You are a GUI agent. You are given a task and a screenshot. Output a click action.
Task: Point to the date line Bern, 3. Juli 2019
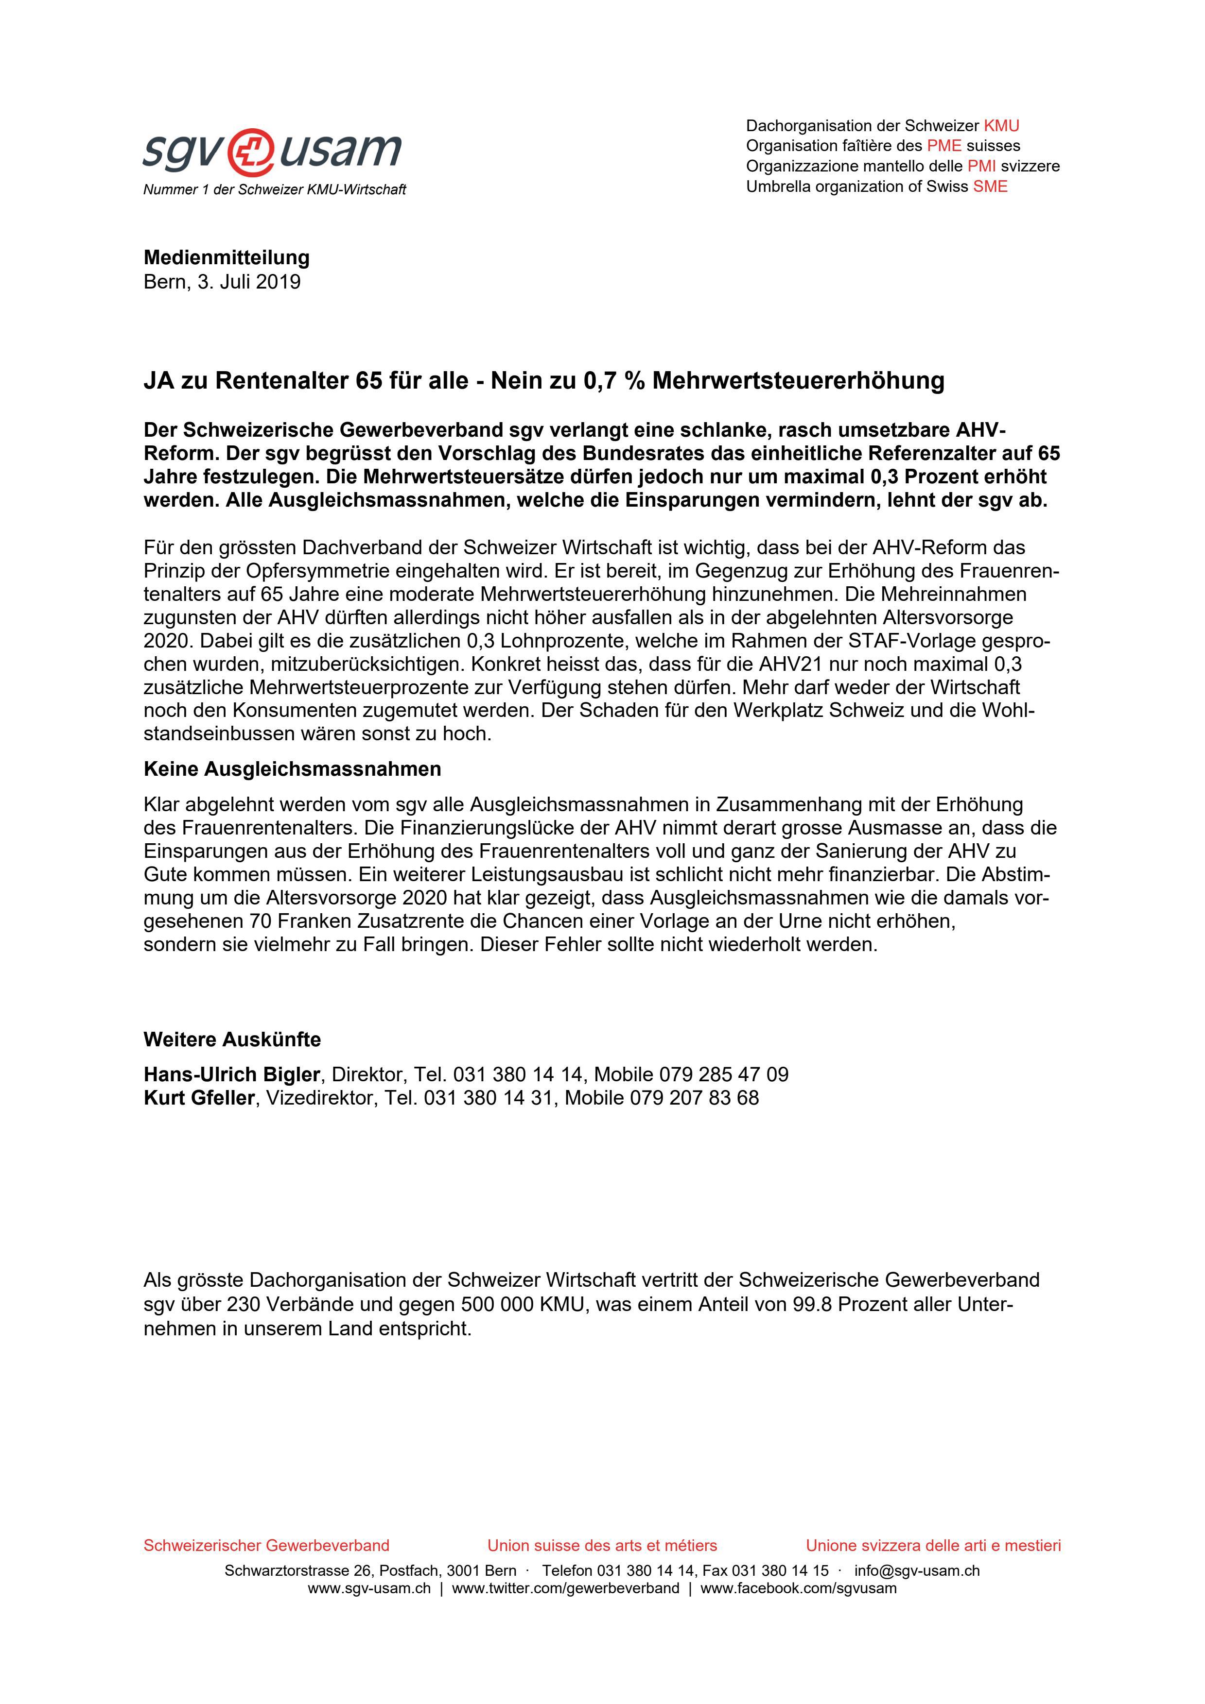pos(222,282)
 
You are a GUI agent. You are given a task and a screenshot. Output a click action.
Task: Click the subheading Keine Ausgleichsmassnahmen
pos(292,769)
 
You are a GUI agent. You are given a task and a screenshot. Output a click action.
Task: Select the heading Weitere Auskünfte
pos(232,1040)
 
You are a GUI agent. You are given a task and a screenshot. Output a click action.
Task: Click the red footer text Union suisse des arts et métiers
pos(602,1545)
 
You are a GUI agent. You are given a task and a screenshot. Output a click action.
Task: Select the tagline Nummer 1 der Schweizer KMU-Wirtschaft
pos(275,190)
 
